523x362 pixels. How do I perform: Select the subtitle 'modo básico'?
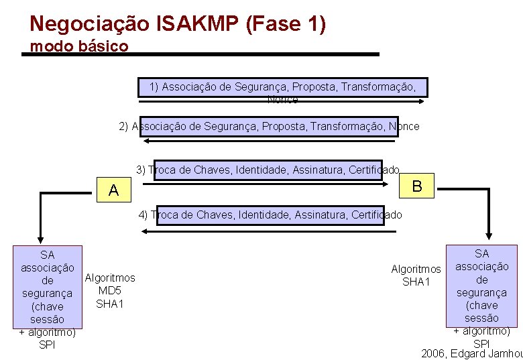(x=79, y=47)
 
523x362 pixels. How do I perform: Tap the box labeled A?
(x=113, y=190)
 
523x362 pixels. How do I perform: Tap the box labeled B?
(x=417, y=186)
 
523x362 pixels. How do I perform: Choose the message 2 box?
(x=269, y=126)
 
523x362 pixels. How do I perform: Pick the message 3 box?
(x=267, y=170)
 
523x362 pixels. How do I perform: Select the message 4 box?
(x=270, y=215)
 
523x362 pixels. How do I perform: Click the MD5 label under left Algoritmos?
(x=109, y=290)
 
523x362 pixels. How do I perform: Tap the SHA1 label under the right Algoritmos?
(x=416, y=282)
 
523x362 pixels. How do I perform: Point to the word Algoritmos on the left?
(x=110, y=278)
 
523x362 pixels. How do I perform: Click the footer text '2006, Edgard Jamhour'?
(x=471, y=353)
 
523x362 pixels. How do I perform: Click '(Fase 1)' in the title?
(x=286, y=24)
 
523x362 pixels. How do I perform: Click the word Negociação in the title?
(x=90, y=24)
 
